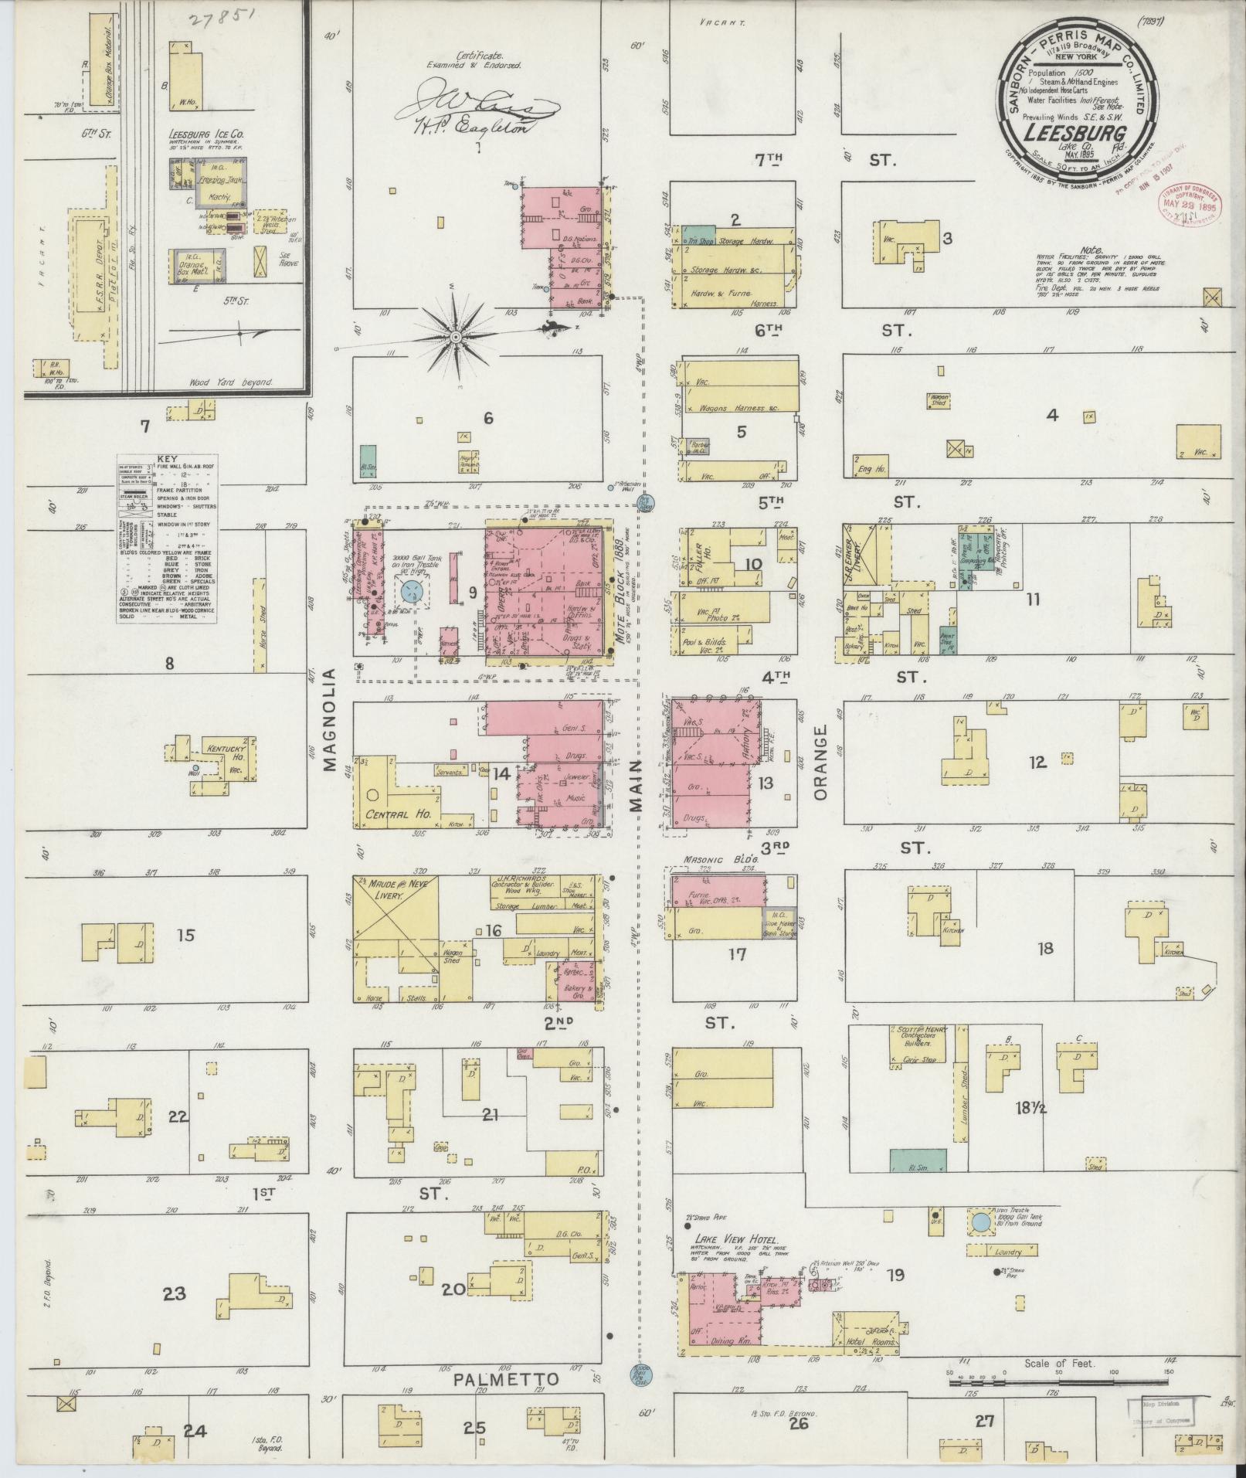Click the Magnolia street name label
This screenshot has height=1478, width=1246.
(x=331, y=721)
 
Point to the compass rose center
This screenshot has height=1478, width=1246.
(x=457, y=338)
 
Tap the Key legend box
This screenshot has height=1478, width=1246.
(x=167, y=539)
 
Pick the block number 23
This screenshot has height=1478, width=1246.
(x=175, y=1292)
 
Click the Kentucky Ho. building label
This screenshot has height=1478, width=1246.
(x=225, y=754)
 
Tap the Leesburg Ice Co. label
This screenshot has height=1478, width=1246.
(x=205, y=134)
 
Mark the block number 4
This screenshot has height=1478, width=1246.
(x=1051, y=415)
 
